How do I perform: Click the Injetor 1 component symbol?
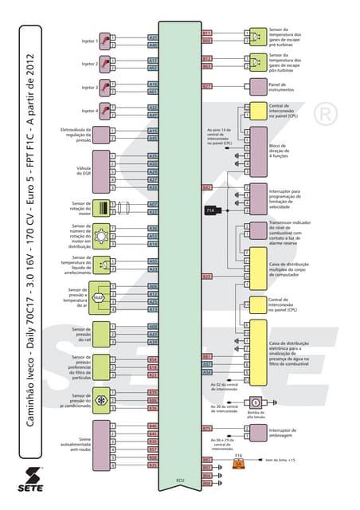[x=103, y=39]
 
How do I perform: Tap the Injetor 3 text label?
[x=89, y=87]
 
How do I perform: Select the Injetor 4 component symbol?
[x=103, y=111]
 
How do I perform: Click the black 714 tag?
[x=210, y=210]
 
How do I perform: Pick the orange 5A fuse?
[x=237, y=464]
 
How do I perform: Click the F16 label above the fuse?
[x=237, y=456]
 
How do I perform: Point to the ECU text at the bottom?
[x=180, y=481]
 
